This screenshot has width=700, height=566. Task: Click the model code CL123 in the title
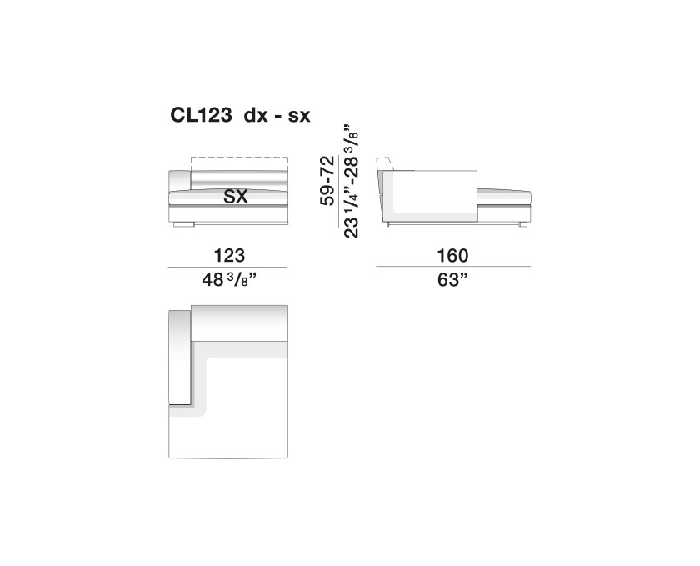[201, 115]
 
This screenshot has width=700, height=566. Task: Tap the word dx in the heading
[256, 116]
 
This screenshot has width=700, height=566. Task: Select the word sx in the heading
[299, 117]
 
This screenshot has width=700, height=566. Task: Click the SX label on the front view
[236, 197]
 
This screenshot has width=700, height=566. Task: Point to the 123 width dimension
[229, 256]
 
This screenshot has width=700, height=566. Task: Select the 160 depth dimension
[452, 256]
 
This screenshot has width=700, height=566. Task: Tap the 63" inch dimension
[452, 280]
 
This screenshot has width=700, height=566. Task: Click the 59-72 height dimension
[327, 181]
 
